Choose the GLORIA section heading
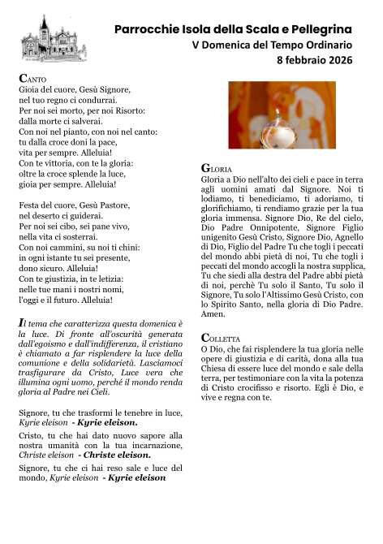[x=217, y=167]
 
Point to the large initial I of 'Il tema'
[x=21, y=323]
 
